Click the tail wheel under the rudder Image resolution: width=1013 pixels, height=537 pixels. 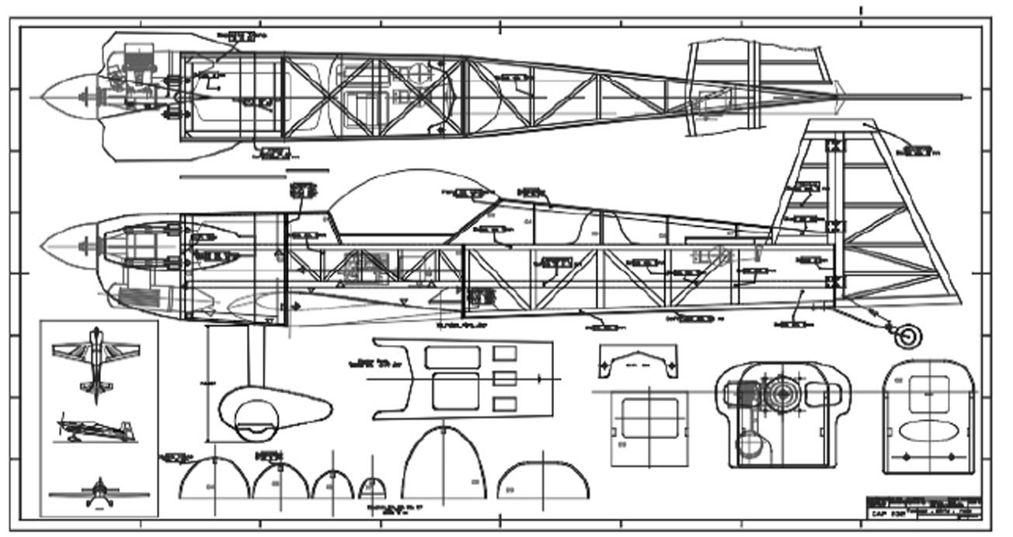[907, 336]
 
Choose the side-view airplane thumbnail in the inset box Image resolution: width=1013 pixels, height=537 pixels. [95, 427]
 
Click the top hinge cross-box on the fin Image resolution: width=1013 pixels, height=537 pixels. [834, 145]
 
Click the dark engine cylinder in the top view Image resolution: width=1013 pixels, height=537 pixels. [140, 58]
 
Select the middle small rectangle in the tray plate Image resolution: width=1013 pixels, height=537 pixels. [505, 378]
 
